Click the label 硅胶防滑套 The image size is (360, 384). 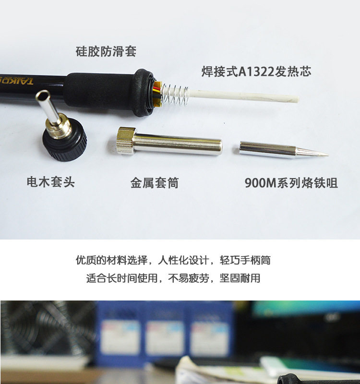tap(106, 51)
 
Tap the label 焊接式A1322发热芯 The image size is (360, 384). tap(256, 72)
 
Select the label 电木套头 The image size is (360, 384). tap(51, 182)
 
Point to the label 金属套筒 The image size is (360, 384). tap(155, 183)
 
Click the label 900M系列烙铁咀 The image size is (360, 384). tap(291, 183)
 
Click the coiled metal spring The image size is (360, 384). tap(175, 94)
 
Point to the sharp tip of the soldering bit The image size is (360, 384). tap(328, 154)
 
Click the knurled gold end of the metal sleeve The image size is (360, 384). tap(126, 141)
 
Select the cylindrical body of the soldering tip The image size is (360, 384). tap(267, 149)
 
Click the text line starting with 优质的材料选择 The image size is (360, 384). tap(173, 260)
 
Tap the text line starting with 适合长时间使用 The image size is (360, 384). tap(173, 278)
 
